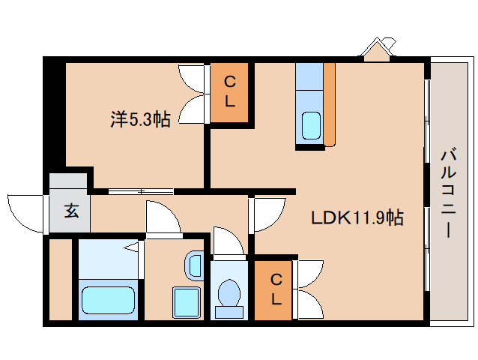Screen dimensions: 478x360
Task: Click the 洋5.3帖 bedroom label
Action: pyautogui.click(x=140, y=119)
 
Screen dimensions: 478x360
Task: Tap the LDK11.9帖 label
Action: pyautogui.click(x=357, y=217)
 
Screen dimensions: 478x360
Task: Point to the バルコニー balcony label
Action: pyautogui.click(x=448, y=193)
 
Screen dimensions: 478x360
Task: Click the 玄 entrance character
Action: pyautogui.click(x=72, y=211)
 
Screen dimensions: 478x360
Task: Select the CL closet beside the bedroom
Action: pyautogui.click(x=229, y=92)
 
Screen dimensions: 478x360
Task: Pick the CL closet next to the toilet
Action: pyautogui.click(x=273, y=290)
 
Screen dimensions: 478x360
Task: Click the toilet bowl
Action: pyautogui.click(x=229, y=292)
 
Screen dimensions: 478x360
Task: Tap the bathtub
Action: pyautogui.click(x=108, y=300)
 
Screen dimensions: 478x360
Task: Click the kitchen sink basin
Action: pyautogui.click(x=311, y=126)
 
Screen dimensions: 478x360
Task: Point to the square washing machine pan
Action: pyautogui.click(x=187, y=302)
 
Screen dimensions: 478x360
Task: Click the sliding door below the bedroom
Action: pyautogui.click(x=141, y=191)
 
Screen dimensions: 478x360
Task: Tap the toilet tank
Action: pyautogui.click(x=229, y=313)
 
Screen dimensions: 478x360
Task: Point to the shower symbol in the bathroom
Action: pyautogui.click(x=133, y=247)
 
